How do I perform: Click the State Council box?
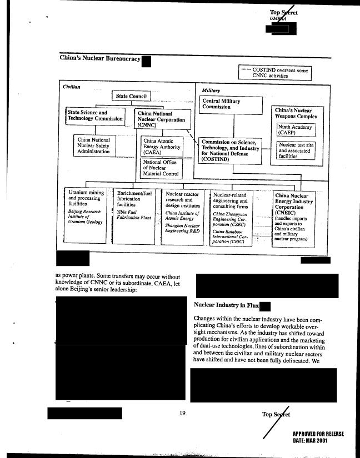click(131, 97)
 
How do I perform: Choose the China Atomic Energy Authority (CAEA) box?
click(163, 147)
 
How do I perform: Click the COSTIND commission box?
click(229, 150)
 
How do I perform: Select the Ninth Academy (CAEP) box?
click(296, 130)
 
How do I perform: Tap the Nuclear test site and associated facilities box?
click(296, 150)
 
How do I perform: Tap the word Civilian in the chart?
click(71, 87)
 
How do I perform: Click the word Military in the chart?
click(211, 90)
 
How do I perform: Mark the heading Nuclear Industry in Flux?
click(226, 305)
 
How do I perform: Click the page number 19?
click(182, 412)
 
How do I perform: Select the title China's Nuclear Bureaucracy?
click(99, 58)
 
